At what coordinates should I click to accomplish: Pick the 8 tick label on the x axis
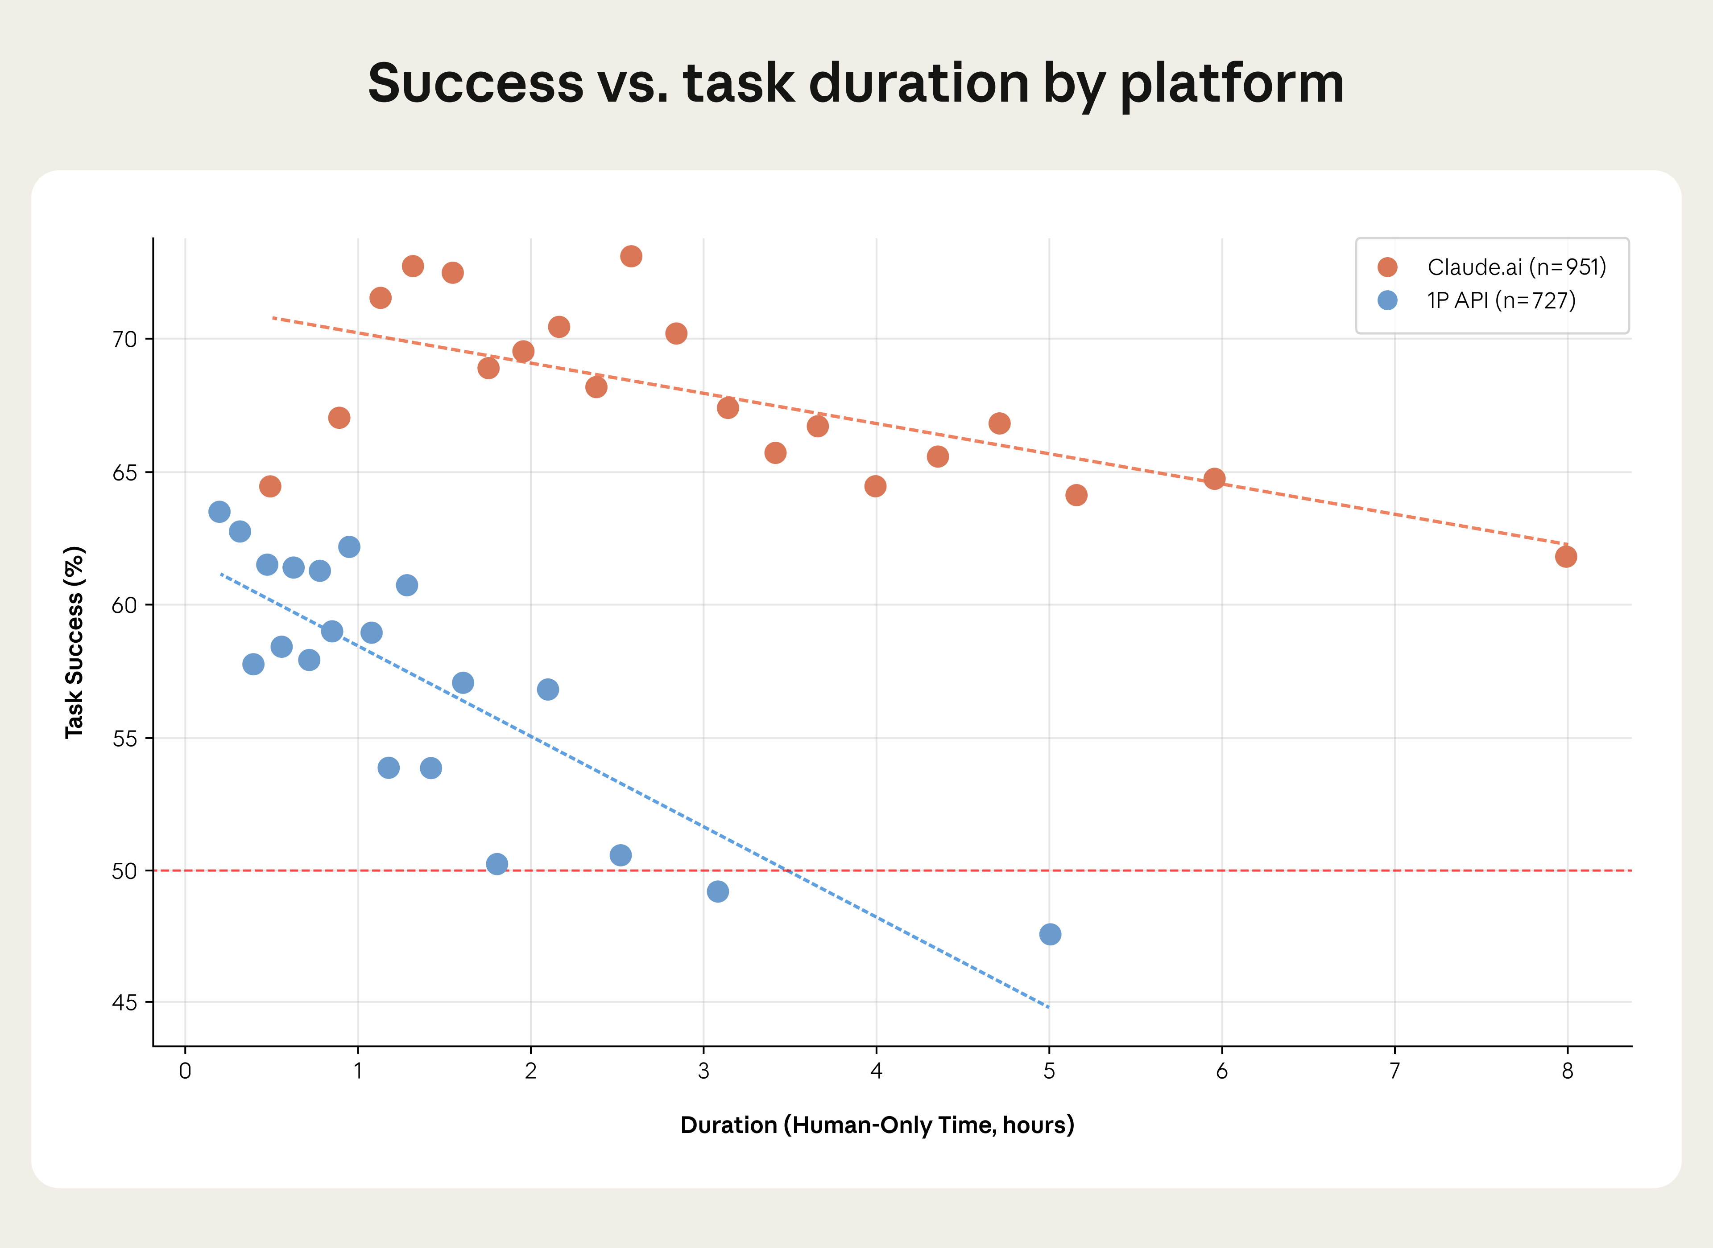coord(1567,1071)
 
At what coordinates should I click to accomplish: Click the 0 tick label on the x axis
coord(185,1071)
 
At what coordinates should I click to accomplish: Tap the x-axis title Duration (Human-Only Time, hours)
coord(877,1125)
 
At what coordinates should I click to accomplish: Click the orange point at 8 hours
coord(1566,557)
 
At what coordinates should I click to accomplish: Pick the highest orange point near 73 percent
coord(631,256)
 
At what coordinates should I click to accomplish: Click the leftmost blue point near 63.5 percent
coord(219,511)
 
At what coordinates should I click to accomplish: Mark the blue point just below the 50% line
coord(717,891)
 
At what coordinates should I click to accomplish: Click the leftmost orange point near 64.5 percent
coord(270,486)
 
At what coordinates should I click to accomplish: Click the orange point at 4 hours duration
coord(875,486)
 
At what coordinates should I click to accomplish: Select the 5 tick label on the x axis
coord(1049,1071)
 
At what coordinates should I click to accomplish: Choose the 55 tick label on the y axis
coord(125,738)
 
